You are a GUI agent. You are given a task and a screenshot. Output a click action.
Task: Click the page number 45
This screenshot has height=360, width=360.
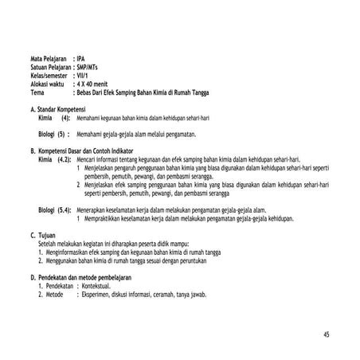tap(327, 333)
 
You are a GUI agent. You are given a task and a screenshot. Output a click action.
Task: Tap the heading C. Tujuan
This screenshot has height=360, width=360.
tap(45, 236)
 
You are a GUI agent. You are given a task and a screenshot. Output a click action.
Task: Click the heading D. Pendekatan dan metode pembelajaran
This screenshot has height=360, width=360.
tap(80, 277)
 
